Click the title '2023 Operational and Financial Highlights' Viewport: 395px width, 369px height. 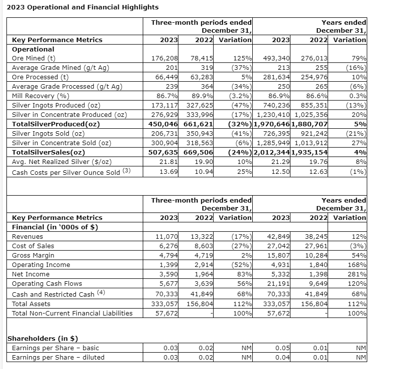[82, 7]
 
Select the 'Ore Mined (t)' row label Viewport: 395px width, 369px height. [32, 58]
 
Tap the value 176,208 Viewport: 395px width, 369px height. [164, 58]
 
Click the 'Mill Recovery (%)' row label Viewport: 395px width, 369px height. [41, 96]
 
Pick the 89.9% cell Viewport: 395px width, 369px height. [203, 96]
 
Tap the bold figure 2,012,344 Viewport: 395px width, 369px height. [272, 153]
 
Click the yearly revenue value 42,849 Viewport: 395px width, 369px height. [279, 237]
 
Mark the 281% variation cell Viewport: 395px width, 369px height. [358, 274]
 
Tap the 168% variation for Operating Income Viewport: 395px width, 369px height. [358, 265]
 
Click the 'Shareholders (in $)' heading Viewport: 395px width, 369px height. [43, 339]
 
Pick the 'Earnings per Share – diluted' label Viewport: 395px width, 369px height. [58, 358]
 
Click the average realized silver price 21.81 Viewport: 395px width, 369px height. [169, 162]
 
